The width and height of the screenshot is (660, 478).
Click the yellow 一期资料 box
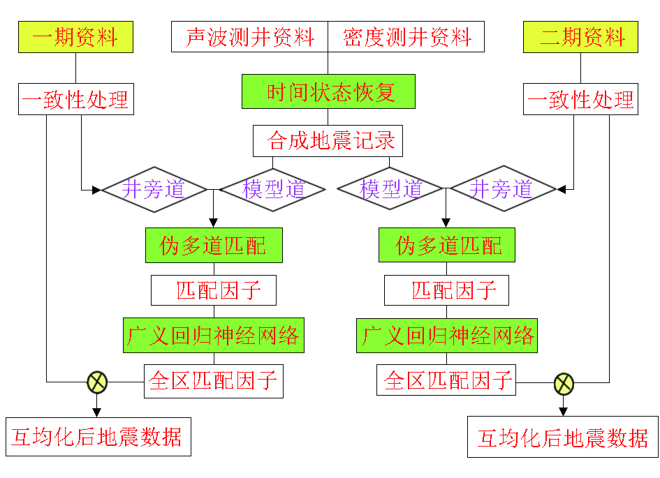coord(75,37)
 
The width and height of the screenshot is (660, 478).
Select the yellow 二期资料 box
coord(580,37)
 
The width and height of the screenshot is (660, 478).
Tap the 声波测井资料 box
coord(249,37)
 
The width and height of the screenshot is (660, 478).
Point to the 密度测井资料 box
coord(406,37)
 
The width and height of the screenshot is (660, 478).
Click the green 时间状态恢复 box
coord(329,91)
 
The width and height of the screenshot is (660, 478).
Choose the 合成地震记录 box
coord(328,141)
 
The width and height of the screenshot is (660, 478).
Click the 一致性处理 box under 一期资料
coord(75,99)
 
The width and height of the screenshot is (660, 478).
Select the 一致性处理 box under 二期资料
coord(580,99)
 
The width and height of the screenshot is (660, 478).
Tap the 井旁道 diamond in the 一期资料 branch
coord(154,189)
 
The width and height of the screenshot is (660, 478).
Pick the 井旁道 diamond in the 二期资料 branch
coord(502,189)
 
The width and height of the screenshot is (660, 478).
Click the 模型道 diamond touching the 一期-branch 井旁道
coord(273,189)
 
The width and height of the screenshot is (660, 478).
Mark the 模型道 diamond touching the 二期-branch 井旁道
coord(389,189)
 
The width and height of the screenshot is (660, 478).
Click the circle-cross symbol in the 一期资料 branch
coord(96,382)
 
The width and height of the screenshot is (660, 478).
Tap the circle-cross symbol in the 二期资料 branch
coord(564,382)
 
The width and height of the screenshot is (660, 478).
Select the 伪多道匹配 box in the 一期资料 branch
coord(214,246)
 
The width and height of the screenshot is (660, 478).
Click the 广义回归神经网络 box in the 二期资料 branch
coord(447,336)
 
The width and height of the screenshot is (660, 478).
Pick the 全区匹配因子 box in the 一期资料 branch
coord(214,382)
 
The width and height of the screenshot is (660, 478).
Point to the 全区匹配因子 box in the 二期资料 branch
coord(447,382)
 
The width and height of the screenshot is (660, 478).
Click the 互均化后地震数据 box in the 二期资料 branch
coord(563,438)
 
